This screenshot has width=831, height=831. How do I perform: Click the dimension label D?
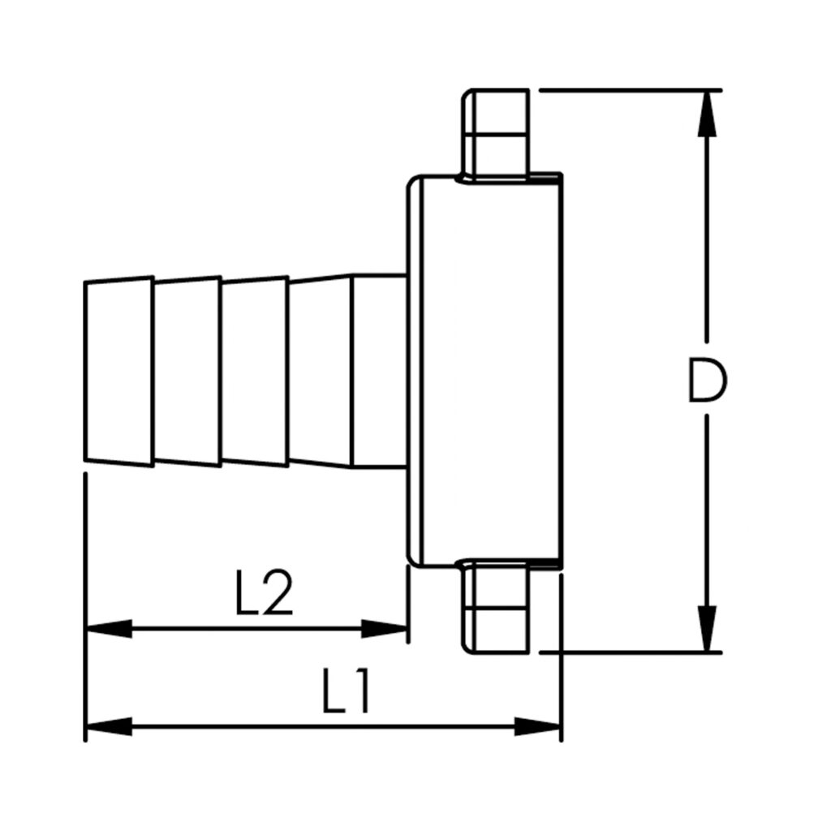pyautogui.click(x=708, y=380)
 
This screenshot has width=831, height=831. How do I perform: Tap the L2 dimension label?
pyautogui.click(x=264, y=593)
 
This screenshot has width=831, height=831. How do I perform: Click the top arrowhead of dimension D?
pyautogui.click(x=707, y=114)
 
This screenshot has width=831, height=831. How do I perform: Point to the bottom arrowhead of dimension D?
pyautogui.click(x=707, y=629)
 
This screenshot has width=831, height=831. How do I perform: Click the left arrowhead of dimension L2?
pyautogui.click(x=110, y=629)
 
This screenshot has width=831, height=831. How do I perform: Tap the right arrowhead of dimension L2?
pyautogui.click(x=384, y=629)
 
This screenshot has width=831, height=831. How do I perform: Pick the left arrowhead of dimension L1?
pyautogui.click(x=110, y=726)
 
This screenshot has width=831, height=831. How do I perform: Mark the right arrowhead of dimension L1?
pyautogui.click(x=537, y=726)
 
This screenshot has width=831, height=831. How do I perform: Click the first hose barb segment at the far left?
pyautogui.click(x=118, y=372)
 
